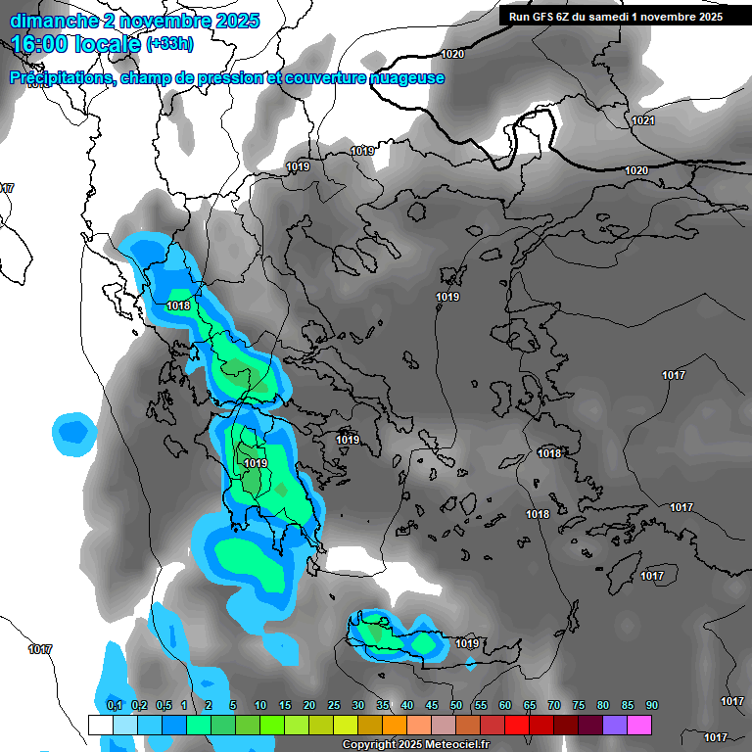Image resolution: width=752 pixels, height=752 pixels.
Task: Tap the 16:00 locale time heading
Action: tap(74, 44)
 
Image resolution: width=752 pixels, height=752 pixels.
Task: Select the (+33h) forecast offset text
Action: tap(169, 44)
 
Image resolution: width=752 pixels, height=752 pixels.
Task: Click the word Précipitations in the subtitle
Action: tap(59, 78)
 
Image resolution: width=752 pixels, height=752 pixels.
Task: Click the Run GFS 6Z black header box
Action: tap(612, 17)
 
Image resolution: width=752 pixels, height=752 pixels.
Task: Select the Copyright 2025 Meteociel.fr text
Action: tap(415, 744)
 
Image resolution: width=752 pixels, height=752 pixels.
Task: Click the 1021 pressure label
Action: tap(642, 120)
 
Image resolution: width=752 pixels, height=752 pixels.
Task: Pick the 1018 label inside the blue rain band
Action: tap(178, 305)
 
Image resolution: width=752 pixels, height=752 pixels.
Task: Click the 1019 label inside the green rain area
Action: tap(256, 463)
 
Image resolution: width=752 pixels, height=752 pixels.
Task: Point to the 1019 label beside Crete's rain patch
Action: tap(467, 643)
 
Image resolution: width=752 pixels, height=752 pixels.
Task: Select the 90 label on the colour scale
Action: tap(652, 706)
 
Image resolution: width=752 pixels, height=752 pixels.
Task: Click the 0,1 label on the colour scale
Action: tap(114, 706)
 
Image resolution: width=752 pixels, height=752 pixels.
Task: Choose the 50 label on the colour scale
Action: tap(456, 706)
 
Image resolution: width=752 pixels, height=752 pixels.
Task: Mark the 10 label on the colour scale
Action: tap(260, 706)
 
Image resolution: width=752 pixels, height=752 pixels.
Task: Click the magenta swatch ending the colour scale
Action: tap(639, 725)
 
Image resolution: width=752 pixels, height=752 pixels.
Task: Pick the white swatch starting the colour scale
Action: tap(101, 725)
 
